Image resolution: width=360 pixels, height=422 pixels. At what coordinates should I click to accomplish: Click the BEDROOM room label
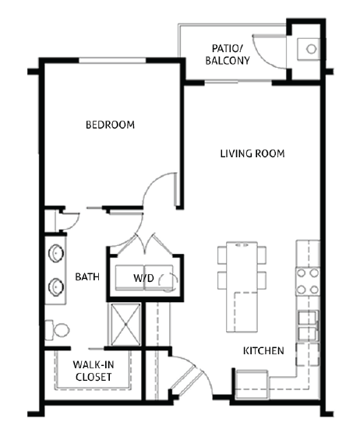point(110,125)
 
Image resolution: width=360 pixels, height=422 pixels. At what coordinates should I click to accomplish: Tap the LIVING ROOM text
point(252,153)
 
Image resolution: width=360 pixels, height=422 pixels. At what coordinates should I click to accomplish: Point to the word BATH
point(86,276)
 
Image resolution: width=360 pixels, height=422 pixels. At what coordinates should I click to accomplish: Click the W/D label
point(143,278)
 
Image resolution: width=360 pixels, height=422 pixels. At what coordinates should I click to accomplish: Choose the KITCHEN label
point(263,351)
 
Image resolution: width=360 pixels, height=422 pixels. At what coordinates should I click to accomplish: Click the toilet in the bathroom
point(55,330)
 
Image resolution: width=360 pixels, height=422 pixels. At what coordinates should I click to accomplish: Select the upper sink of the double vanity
point(56,255)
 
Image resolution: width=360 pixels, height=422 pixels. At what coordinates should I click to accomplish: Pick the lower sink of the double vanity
point(56,285)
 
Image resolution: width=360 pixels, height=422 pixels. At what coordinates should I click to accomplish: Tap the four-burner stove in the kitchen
point(308,282)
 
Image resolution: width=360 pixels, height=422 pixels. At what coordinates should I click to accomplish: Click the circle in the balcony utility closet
point(310,48)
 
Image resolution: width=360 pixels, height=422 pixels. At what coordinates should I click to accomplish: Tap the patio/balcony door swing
point(272,50)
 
